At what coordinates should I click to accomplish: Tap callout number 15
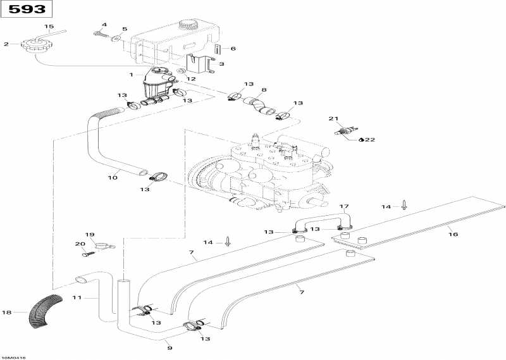[x=49, y=26]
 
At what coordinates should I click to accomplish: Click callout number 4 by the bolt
[x=104, y=25]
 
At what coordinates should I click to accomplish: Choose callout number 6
[x=233, y=49]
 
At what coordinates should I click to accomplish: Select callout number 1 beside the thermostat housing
[x=132, y=75]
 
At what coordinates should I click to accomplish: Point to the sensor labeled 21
[x=344, y=132]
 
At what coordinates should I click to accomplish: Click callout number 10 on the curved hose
[x=112, y=178]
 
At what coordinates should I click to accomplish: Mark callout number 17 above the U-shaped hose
[x=344, y=207]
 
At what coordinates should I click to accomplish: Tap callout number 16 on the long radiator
[x=452, y=233]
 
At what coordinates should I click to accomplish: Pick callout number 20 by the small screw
[x=80, y=244]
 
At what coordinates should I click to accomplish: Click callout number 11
[x=77, y=297]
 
